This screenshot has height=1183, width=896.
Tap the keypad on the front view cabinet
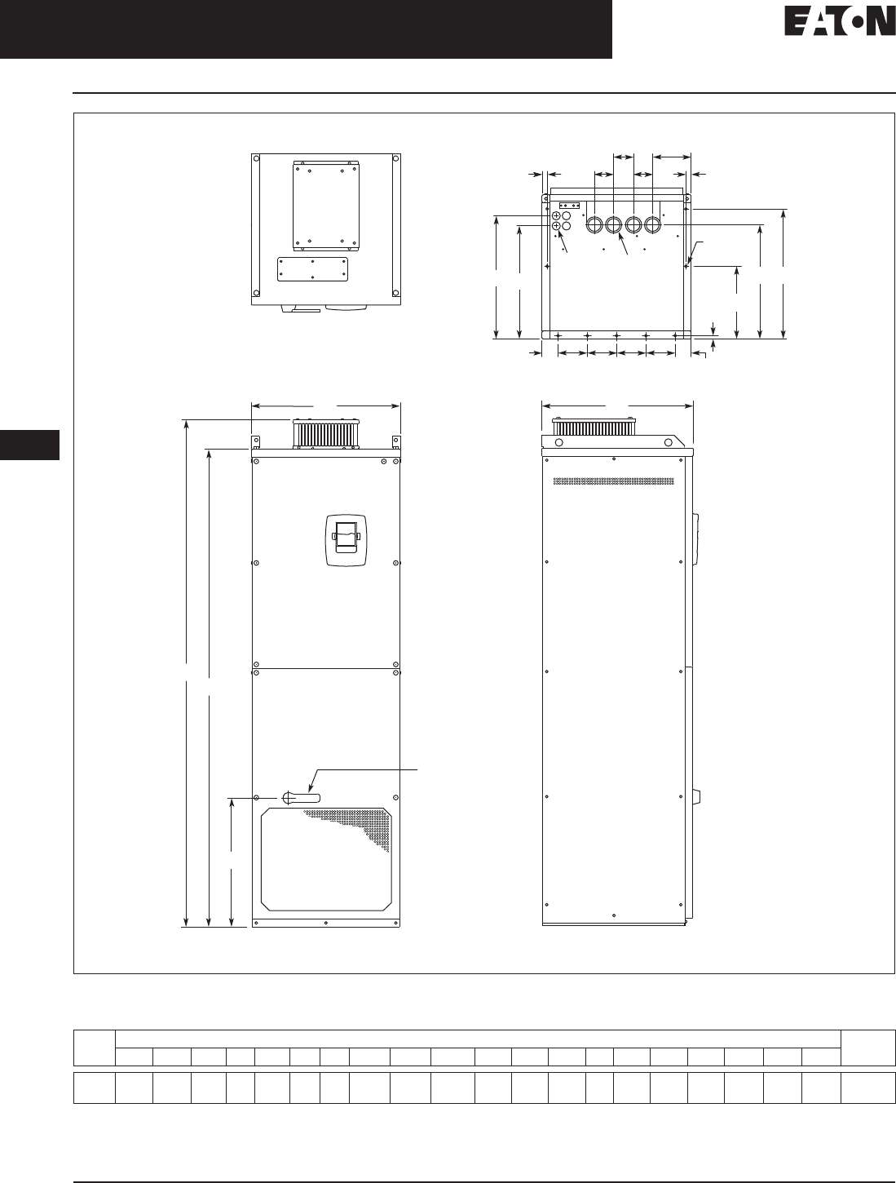tap(346, 540)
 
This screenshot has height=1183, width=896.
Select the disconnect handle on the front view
tap(301, 798)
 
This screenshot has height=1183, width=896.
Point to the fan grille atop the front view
tap(326, 433)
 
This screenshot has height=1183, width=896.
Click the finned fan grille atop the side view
tap(594, 428)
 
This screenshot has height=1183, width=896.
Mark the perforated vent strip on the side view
tap(614, 481)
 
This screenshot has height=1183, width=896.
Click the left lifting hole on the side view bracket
tap(559, 442)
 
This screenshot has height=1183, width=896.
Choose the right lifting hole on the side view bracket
tap(669, 442)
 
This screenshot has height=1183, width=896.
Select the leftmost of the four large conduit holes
tap(594, 224)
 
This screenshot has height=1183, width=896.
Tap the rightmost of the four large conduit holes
tap(652, 224)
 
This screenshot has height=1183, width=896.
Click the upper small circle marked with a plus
tap(556, 215)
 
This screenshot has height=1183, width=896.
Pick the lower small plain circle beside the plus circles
tap(566, 226)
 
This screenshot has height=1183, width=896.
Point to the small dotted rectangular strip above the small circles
tap(568, 206)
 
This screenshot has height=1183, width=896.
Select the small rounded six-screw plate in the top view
tap(312, 269)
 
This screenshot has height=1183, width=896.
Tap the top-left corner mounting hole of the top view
tap(256, 158)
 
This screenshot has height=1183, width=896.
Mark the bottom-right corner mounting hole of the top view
tap(395, 293)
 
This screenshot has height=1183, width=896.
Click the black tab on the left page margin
tap(29, 445)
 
